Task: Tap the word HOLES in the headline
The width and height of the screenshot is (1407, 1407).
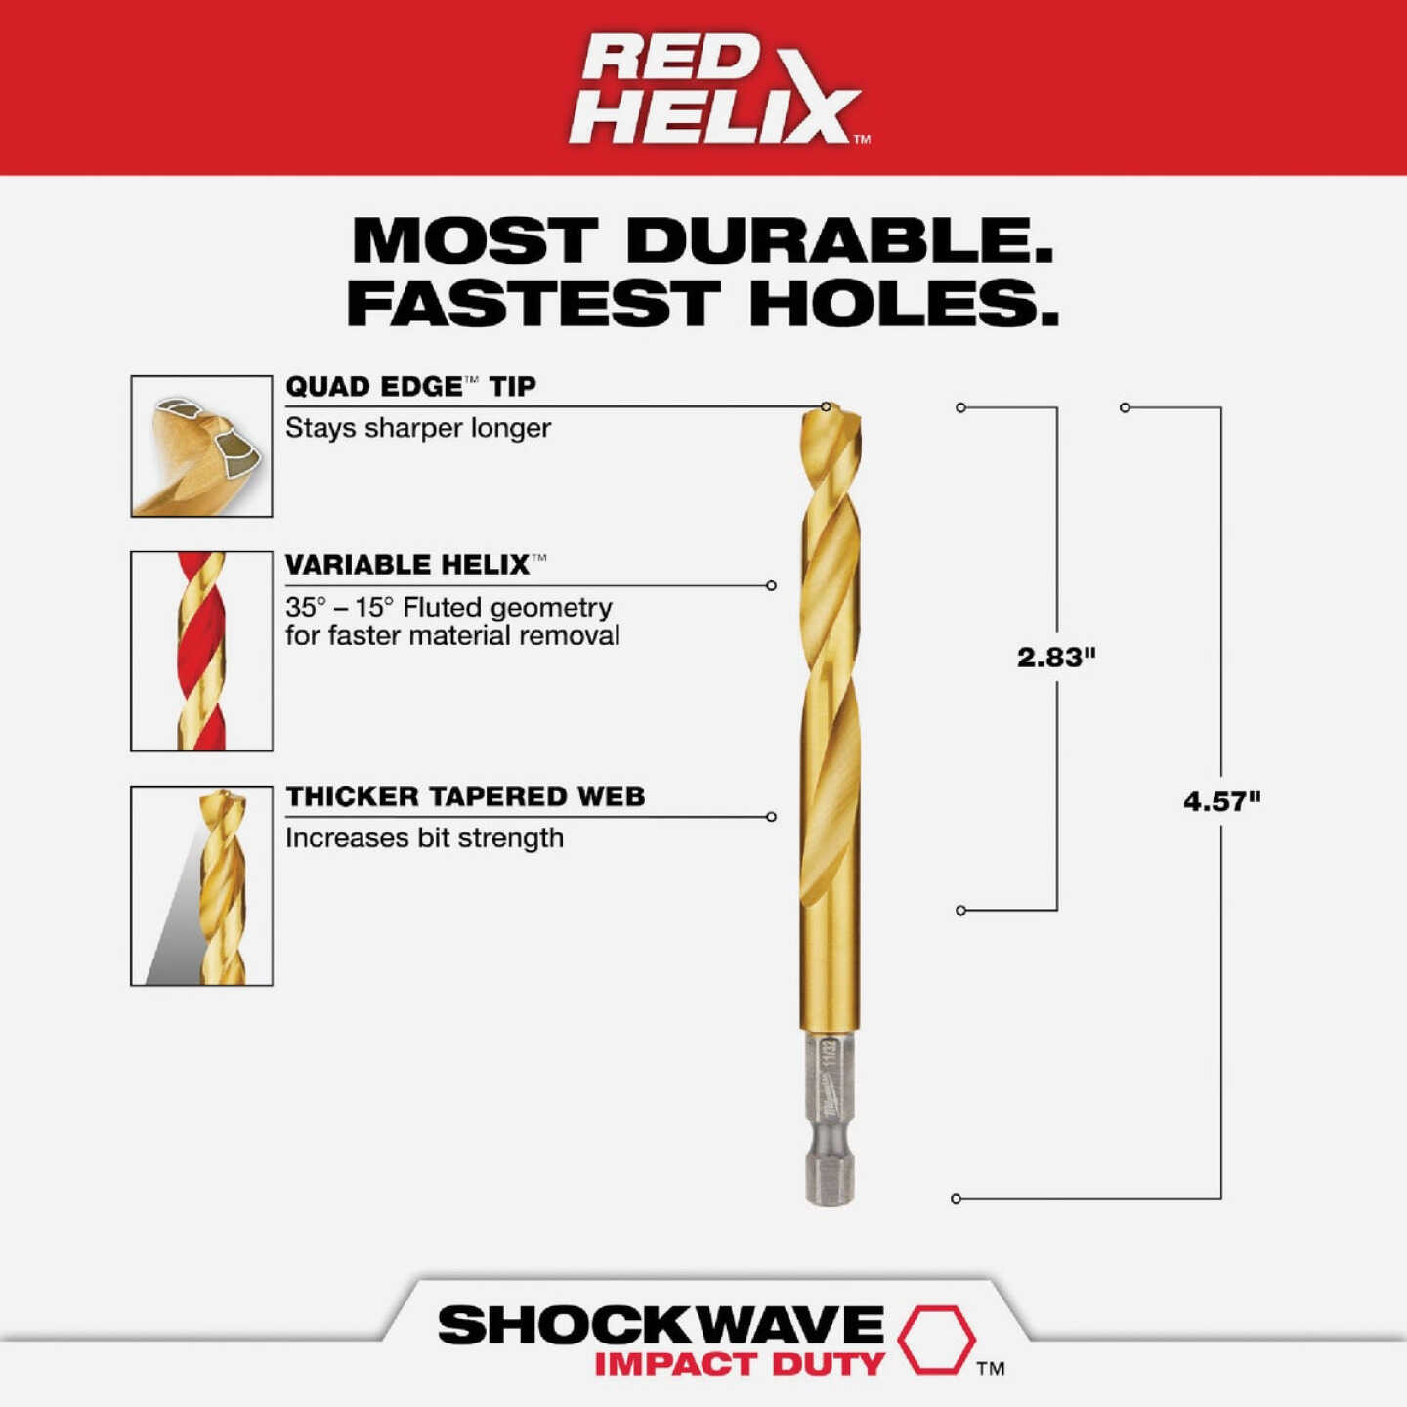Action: [903, 304]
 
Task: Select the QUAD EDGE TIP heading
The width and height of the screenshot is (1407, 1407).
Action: [410, 386]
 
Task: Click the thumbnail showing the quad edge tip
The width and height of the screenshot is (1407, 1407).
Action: [201, 446]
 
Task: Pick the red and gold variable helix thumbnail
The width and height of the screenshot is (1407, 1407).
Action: [201, 651]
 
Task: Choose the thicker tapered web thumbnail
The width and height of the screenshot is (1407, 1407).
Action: [201, 885]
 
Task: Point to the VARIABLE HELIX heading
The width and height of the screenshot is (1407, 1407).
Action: [408, 564]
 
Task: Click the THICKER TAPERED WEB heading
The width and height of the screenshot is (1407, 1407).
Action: [465, 796]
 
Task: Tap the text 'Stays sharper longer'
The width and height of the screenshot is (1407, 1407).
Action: [418, 428]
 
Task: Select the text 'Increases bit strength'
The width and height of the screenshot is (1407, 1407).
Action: [424, 838]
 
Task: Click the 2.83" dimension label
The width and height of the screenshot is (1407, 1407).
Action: [1056, 657]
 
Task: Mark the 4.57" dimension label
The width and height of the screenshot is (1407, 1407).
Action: [1221, 801]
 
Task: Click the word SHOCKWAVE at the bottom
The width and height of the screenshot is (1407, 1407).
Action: [661, 1325]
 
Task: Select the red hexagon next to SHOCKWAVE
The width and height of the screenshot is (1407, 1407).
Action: [936, 1339]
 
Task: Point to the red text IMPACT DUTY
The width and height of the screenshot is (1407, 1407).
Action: [739, 1364]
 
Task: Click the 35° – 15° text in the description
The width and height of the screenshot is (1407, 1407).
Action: [339, 607]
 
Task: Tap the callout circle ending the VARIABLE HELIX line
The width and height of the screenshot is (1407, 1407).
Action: [771, 586]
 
